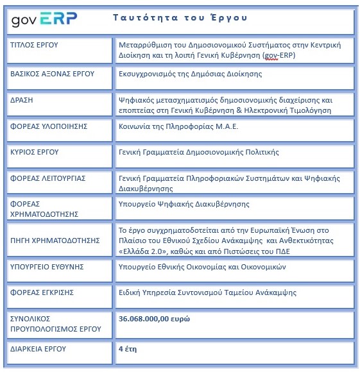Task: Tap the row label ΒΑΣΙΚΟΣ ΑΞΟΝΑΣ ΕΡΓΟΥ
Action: pos(53,74)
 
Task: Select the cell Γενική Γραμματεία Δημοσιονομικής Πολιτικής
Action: pos(199,152)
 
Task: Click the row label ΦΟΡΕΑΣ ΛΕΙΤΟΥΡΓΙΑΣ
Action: pos(48,178)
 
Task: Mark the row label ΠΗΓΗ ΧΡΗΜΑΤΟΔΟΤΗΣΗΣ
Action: pos(56,241)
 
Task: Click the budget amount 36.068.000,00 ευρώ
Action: pos(154,318)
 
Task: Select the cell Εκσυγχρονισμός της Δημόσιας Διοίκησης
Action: pos(190,74)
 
